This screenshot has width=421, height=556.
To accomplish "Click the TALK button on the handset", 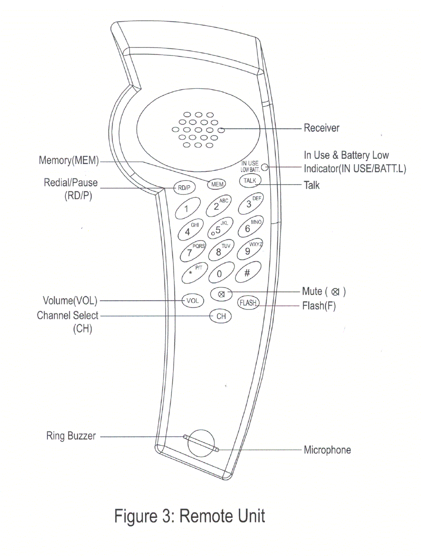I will tap(250, 181).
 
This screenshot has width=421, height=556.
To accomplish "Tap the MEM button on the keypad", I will tap(217, 184).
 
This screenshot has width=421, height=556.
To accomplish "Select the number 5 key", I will tap(220, 229).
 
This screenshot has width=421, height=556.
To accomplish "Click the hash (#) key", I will tap(248, 273).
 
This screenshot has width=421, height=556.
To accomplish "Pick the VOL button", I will tap(193, 300).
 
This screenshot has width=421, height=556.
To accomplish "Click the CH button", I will tap(221, 316).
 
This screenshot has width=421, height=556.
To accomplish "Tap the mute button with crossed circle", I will tap(221, 294).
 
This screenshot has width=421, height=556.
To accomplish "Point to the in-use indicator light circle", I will tap(264, 167).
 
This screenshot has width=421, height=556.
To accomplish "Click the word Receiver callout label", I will tap(321, 128).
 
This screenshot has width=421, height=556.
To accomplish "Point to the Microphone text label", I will tap(327, 450).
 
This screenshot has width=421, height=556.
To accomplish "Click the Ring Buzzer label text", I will tap(71, 436).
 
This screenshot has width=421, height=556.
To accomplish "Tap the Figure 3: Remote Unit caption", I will tap(189, 517).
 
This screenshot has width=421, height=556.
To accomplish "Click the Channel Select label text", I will tap(68, 316).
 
